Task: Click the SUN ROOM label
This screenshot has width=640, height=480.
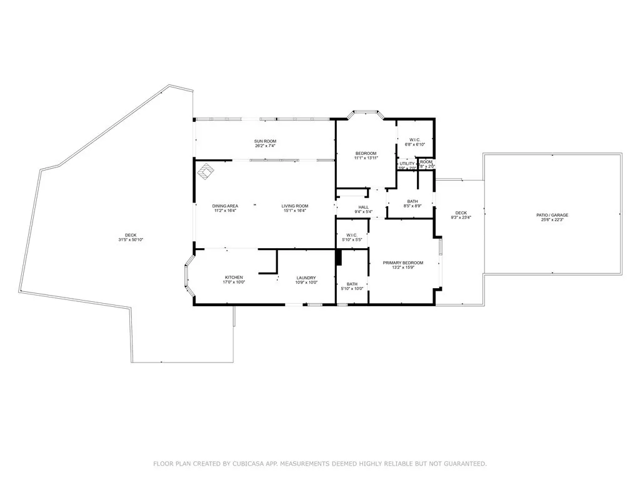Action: [x=265, y=141]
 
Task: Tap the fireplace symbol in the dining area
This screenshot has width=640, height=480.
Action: [x=206, y=169]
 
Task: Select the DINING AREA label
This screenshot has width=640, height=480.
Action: [x=224, y=206]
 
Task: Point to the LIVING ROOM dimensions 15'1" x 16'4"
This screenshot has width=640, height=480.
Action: [x=294, y=211]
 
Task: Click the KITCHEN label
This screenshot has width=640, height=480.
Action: [x=234, y=277]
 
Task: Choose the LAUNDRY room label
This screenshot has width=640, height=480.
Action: [x=306, y=277]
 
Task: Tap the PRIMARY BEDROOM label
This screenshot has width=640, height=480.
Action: [x=403, y=262]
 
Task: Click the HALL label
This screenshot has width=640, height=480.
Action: [x=363, y=207]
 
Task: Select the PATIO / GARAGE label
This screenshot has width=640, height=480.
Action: [x=552, y=215]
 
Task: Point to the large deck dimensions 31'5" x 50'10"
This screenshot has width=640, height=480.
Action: [x=131, y=240]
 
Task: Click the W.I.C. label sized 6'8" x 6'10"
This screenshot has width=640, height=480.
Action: [x=415, y=139]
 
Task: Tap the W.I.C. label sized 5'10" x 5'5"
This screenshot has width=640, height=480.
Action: [x=351, y=235]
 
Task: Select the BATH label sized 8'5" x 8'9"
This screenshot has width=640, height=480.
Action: [x=412, y=201]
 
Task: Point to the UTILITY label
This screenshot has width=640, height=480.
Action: [x=407, y=163]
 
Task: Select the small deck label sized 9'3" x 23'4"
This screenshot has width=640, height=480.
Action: [x=461, y=213]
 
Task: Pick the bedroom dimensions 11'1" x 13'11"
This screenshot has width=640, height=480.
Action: [x=366, y=158]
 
